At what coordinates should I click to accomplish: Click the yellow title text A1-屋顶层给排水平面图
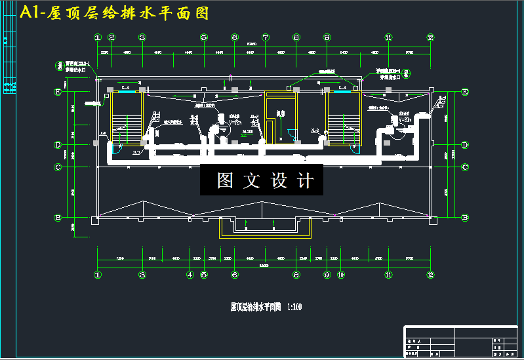pyautogui.click(x=115, y=13)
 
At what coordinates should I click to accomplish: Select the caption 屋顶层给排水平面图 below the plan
pyautogui.click(x=256, y=306)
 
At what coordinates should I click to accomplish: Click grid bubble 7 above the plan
pyautogui.click(x=266, y=37)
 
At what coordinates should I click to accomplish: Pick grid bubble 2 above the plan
pyautogui.click(x=111, y=37)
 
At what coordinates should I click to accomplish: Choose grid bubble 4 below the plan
pyautogui.click(x=190, y=275)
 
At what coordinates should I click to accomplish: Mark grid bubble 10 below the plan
pyautogui.click(x=340, y=275)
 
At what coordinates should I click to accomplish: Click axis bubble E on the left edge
pyautogui.click(x=57, y=92)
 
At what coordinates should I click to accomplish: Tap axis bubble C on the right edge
pyautogui.click(x=465, y=167)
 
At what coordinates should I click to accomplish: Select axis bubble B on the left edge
pyautogui.click(x=57, y=217)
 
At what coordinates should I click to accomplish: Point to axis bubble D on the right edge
pyautogui.click(x=465, y=144)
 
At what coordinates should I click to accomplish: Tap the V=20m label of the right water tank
pyautogui.click(x=407, y=119)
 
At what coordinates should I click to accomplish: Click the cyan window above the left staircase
pyautogui.click(x=124, y=92)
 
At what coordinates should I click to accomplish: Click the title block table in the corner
pyautogui.click(x=460, y=341)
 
